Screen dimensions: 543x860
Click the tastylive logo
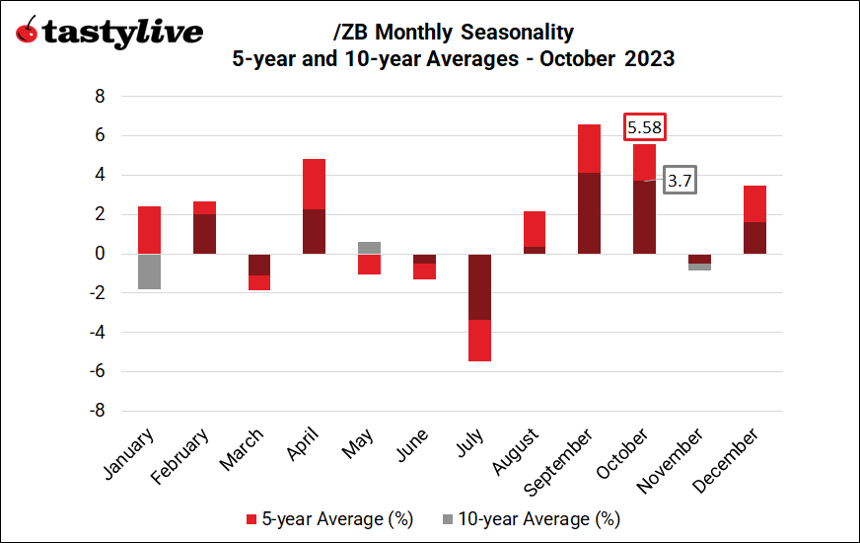tap(109, 32)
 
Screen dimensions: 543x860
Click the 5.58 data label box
tap(645, 127)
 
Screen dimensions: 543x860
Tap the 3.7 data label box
tap(679, 181)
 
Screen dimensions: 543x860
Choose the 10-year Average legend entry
tap(532, 518)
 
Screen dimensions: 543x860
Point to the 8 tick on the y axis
tap(99, 97)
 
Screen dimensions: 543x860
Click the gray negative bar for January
tap(149, 271)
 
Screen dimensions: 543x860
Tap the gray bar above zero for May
tap(369, 248)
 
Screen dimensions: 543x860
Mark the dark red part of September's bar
tap(589, 213)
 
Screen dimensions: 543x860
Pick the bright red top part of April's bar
tap(314, 184)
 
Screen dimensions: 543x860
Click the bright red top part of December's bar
tap(754, 203)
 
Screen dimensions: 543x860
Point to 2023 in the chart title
tap(649, 59)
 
